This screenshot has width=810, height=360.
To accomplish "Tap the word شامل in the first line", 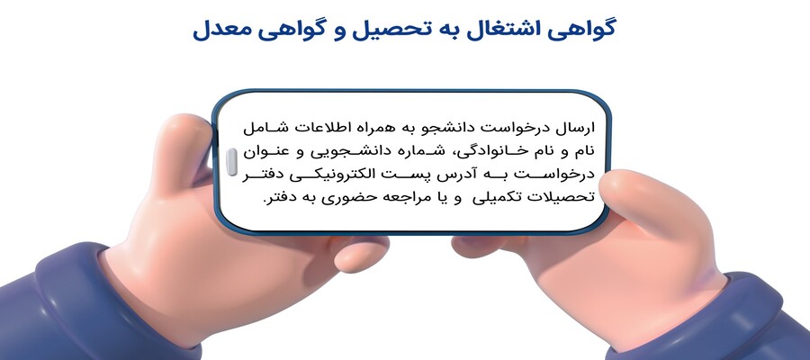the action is [x=264, y=128].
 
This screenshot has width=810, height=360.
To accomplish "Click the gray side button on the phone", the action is [x=232, y=162].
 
